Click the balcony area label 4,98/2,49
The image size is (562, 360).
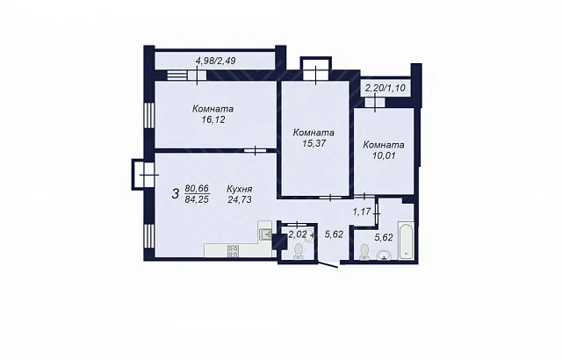[216, 61]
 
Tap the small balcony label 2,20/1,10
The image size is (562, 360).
[385, 88]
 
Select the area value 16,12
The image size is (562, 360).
[213, 119]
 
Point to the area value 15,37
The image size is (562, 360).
[313, 143]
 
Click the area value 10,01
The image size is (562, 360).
[384, 155]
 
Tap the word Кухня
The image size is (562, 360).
[240, 189]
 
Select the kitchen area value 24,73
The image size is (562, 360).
[240, 199]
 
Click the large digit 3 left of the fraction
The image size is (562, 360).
[176, 194]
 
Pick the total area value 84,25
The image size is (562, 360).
[197, 199]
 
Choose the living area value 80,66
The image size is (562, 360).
[197, 189]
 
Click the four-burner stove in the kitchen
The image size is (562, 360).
[233, 250]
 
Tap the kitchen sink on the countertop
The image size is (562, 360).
[265, 234]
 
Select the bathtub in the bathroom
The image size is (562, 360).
[406, 240]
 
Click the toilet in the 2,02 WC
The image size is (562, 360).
[298, 251]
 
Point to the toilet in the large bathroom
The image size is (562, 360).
[364, 252]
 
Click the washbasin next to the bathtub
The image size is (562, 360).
[384, 255]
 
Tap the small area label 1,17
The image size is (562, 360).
[361, 212]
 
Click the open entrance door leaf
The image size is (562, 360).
[328, 264]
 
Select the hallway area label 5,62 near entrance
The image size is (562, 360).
[334, 234]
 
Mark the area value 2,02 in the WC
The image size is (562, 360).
[298, 234]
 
